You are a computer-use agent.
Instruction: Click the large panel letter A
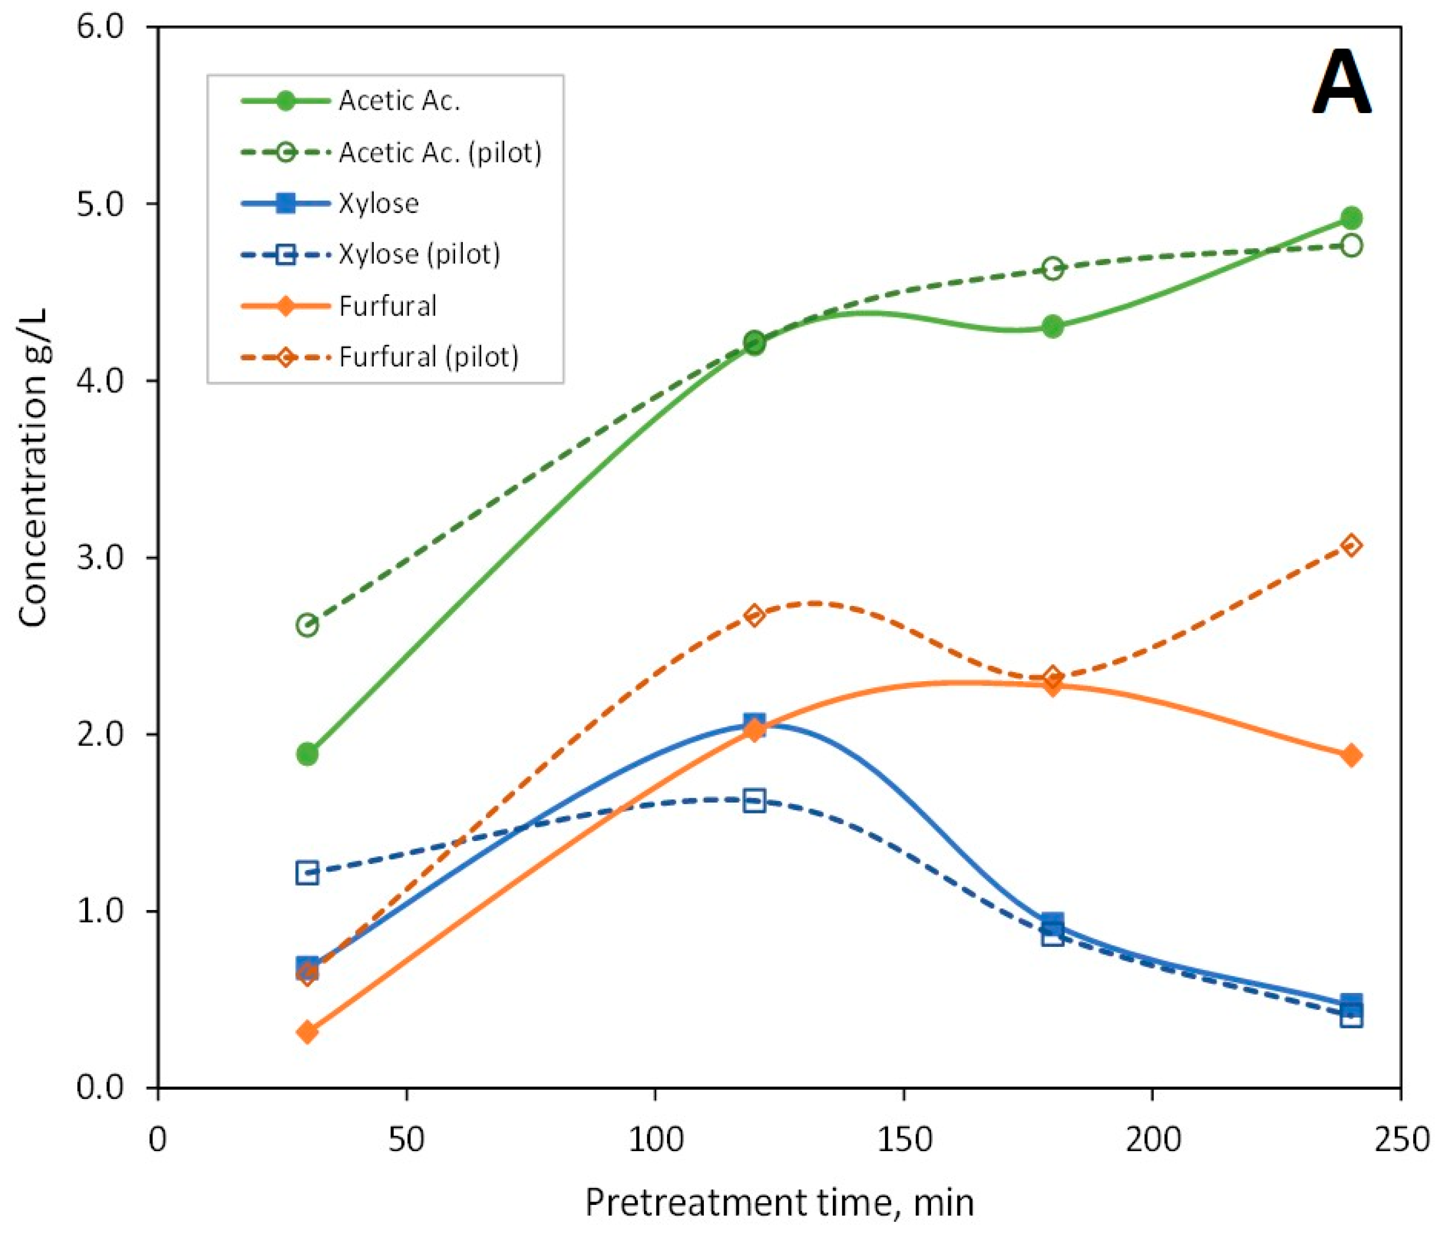click(x=1341, y=84)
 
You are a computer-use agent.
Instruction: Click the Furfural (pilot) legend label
click(x=428, y=357)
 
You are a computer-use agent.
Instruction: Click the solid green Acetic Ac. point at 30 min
click(x=307, y=754)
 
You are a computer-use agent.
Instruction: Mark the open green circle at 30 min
click(x=307, y=625)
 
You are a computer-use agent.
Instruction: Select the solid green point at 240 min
click(x=1351, y=218)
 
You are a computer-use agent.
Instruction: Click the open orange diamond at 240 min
click(x=1351, y=546)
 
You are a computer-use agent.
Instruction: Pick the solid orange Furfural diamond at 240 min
click(x=1351, y=755)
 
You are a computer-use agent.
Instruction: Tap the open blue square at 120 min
click(x=754, y=800)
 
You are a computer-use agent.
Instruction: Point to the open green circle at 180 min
click(x=1053, y=268)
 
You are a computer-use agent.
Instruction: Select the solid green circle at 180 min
click(x=1053, y=327)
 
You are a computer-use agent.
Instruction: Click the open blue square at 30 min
click(x=307, y=872)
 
